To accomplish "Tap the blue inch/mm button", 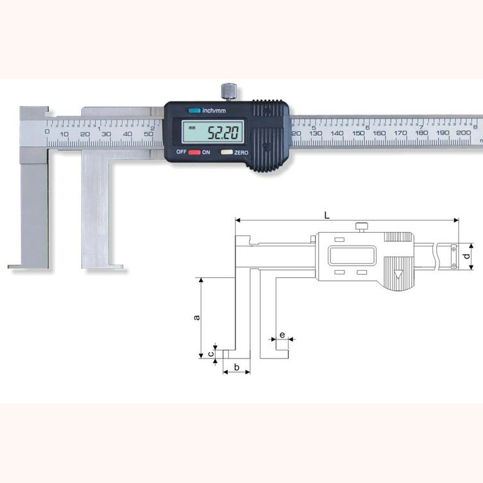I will point(194,110).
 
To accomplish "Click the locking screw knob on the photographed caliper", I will point(228,91).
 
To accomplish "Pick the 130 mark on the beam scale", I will point(315,133).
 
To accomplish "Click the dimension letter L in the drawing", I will point(327,216).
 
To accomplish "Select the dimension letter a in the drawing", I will point(197,316).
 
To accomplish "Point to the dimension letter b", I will point(237,367).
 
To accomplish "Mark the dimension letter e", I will point(282,335).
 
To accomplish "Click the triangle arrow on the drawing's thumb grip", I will point(399,276).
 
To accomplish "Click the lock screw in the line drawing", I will point(362,225).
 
